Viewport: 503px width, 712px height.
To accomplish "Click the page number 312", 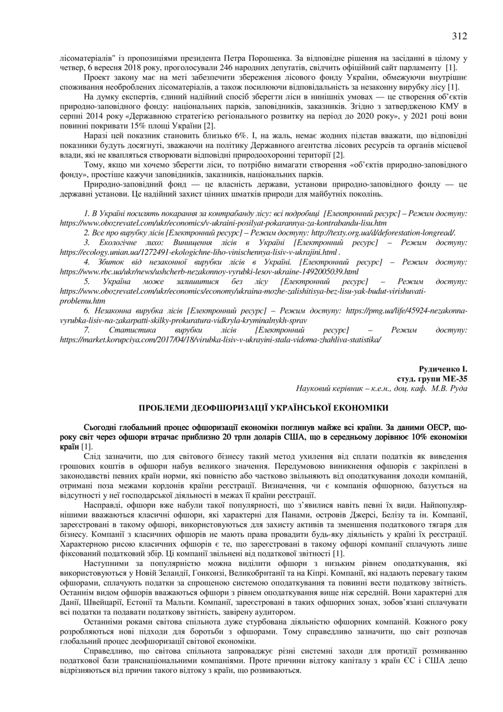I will (x=459, y=36).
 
